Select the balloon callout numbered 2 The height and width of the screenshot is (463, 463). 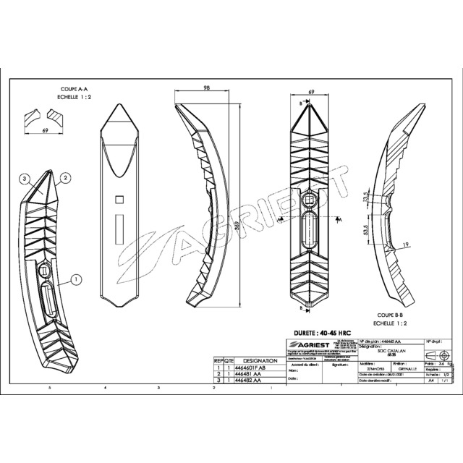click(x=64, y=177)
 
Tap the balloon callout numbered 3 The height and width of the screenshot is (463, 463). click(x=24, y=178)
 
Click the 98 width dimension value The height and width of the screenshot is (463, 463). click(x=206, y=88)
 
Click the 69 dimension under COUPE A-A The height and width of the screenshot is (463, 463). click(x=44, y=131)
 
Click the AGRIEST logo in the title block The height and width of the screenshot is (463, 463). click(x=307, y=344)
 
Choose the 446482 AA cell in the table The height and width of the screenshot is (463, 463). click(x=249, y=381)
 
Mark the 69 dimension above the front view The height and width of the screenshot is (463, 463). click(x=312, y=93)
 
